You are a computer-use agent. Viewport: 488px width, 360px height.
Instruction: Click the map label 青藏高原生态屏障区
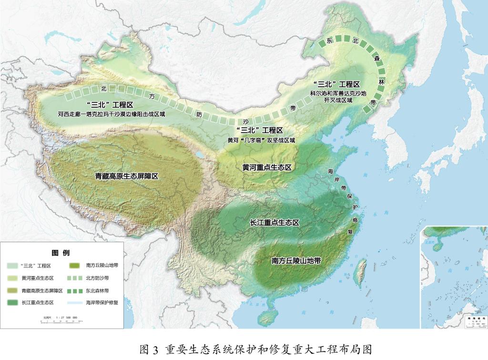point(126,176)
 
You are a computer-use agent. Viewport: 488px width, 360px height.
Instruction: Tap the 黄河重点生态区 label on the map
point(266,168)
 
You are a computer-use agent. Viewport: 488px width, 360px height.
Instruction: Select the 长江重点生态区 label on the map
point(274,223)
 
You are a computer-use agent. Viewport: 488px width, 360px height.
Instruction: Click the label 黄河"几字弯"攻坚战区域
point(261,141)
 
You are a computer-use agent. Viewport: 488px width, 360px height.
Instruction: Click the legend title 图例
point(61,253)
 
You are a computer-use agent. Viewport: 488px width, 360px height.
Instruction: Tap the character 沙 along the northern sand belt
point(246,121)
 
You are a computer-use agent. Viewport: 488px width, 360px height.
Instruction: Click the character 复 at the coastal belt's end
point(351,231)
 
